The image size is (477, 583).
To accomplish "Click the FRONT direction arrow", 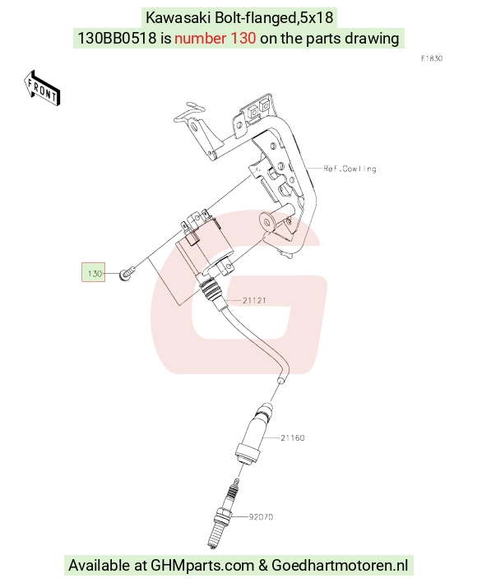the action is click(x=42, y=89).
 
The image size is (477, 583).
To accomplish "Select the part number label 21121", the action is click(x=254, y=300).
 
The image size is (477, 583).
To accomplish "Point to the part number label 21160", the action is click(x=293, y=438).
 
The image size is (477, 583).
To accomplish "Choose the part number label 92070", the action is click(x=261, y=517).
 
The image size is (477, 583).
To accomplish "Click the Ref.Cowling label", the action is click(x=350, y=169).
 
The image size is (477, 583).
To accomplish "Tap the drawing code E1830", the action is click(x=432, y=58).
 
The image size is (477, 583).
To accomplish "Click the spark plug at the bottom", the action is click(x=222, y=514).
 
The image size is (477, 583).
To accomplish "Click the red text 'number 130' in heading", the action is click(x=215, y=38).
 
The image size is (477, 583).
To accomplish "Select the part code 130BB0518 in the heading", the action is click(x=117, y=38).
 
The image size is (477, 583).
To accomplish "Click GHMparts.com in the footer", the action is click(x=202, y=565).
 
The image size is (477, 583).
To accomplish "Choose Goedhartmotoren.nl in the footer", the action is click(x=340, y=565).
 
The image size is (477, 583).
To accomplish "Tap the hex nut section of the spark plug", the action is click(x=224, y=516).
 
